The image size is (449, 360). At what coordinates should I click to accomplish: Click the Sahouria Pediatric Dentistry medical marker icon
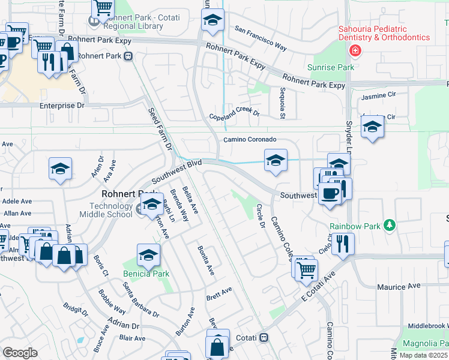[x=356, y=50]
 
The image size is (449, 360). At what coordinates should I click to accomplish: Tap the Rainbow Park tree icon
[x=390, y=225]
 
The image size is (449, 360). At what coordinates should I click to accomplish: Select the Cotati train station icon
[x=264, y=338]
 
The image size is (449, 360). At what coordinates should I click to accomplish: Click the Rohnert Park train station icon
[x=128, y=56]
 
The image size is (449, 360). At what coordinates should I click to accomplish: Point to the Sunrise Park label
[x=330, y=68]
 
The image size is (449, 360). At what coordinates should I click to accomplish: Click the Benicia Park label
[x=147, y=274]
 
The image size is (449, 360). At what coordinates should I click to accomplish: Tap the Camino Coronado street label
[x=250, y=139]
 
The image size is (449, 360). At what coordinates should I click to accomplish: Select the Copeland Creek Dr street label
[x=234, y=115]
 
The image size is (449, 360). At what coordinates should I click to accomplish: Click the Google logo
[x=20, y=353]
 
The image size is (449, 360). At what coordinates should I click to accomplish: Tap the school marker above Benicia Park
[x=148, y=255]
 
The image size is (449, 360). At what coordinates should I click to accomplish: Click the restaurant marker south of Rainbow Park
[x=343, y=244]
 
